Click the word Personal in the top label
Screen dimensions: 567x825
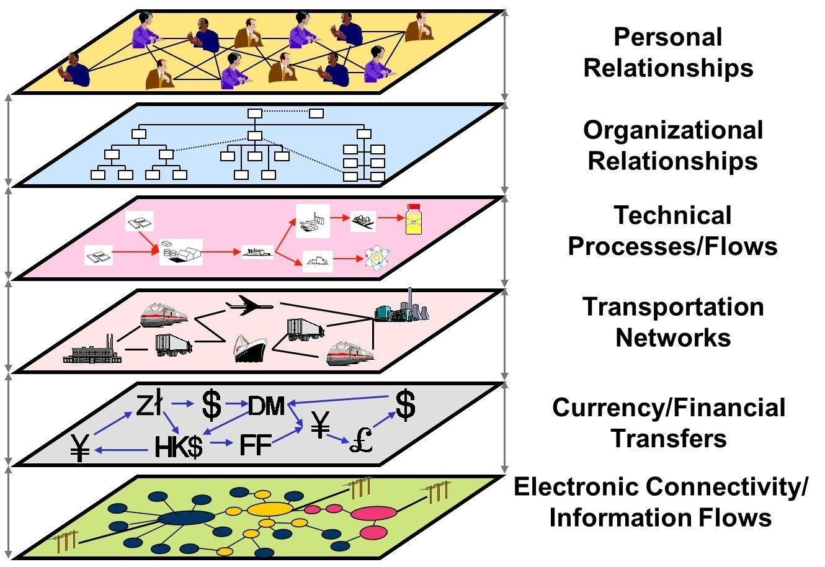point(668,37)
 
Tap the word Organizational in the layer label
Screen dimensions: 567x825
point(672,130)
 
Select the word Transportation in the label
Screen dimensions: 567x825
point(672,307)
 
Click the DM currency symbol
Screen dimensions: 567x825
point(266,406)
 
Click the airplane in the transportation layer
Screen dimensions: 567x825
point(249,305)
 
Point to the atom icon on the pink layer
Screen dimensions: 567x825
point(377,259)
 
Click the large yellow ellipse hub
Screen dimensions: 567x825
point(270,509)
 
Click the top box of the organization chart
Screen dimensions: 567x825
point(255,114)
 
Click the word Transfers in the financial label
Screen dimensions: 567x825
point(669,439)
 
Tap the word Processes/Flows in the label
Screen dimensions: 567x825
point(672,246)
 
